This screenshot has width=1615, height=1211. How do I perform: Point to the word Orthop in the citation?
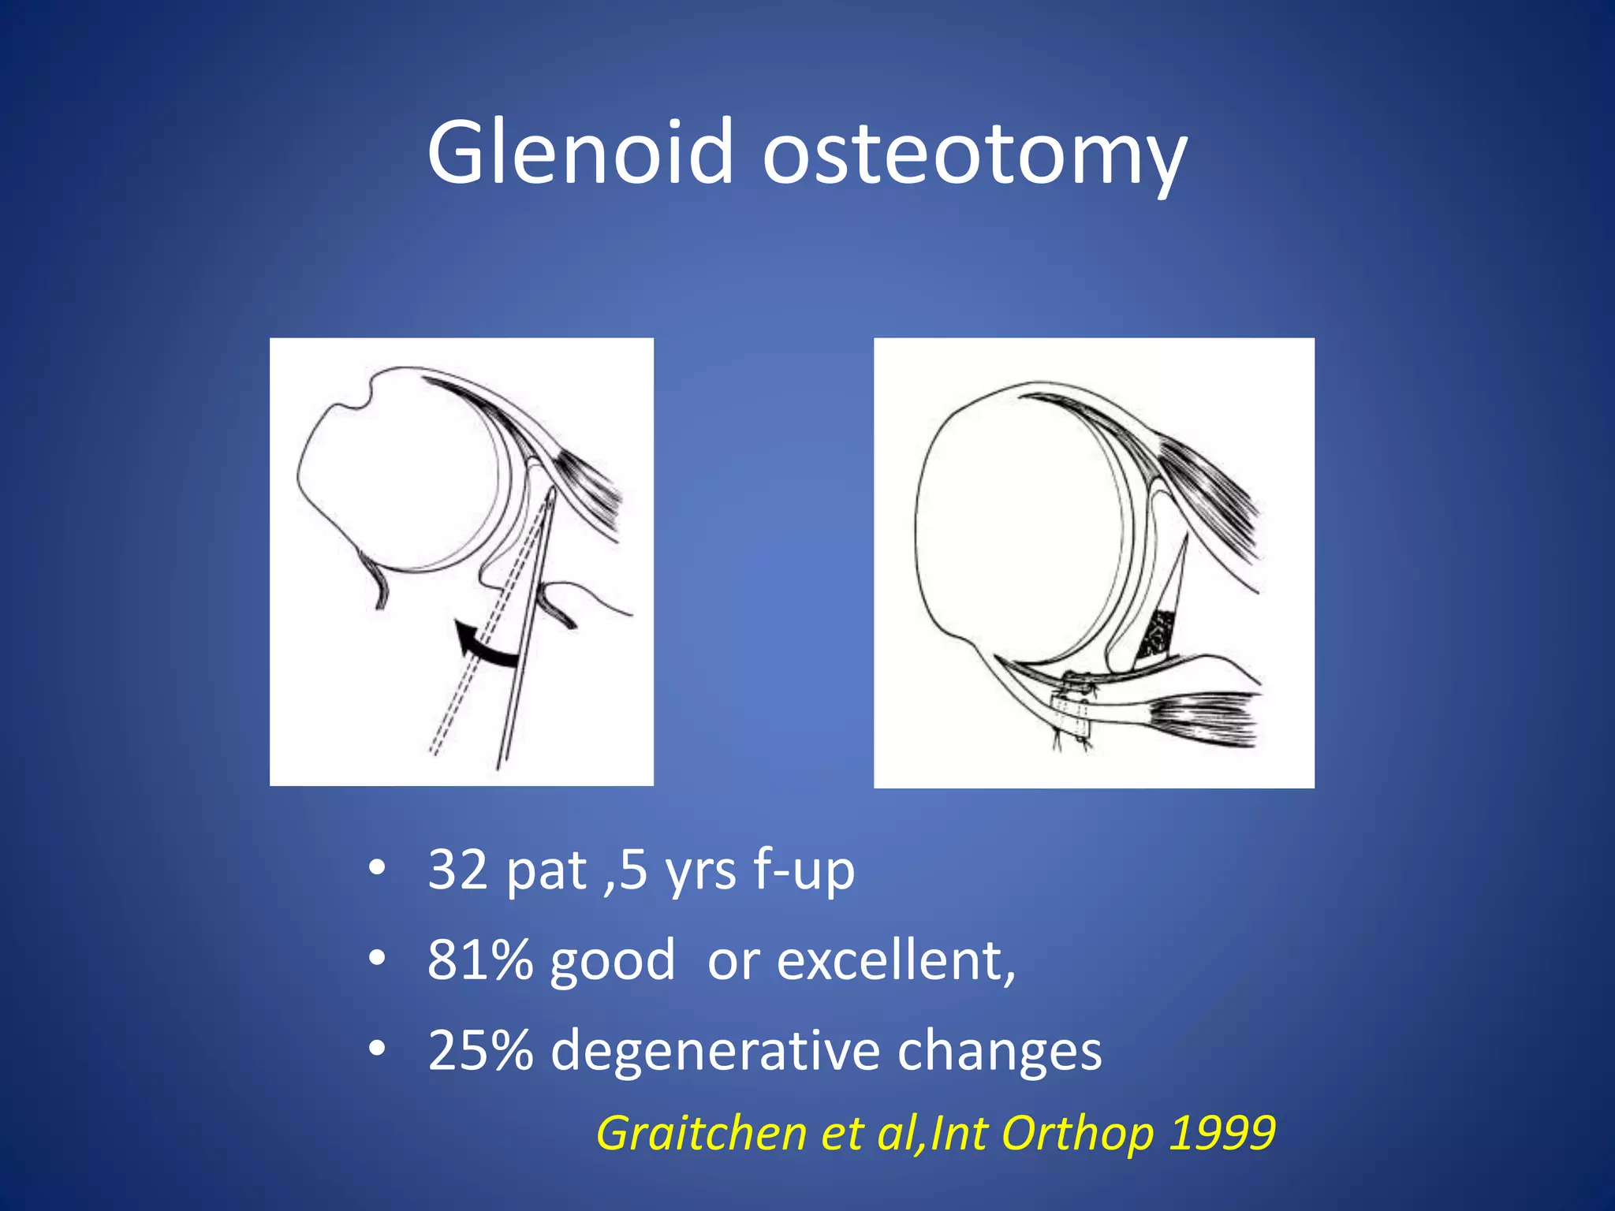pyautogui.click(x=1078, y=1134)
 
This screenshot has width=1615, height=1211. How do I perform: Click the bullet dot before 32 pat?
pyautogui.click(x=377, y=869)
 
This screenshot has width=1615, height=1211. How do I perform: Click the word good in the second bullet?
pyautogui.click(x=613, y=962)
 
